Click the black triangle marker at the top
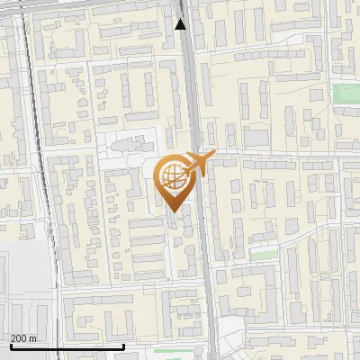click(x=181, y=24)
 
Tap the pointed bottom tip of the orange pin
click(x=172, y=210)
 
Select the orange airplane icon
click(x=198, y=164)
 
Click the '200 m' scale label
click(x=23, y=337)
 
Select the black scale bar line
click(x=67, y=346)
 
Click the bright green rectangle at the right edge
click(x=346, y=93)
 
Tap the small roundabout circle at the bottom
click(x=231, y=340)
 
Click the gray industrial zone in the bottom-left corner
click(x=22, y=288)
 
